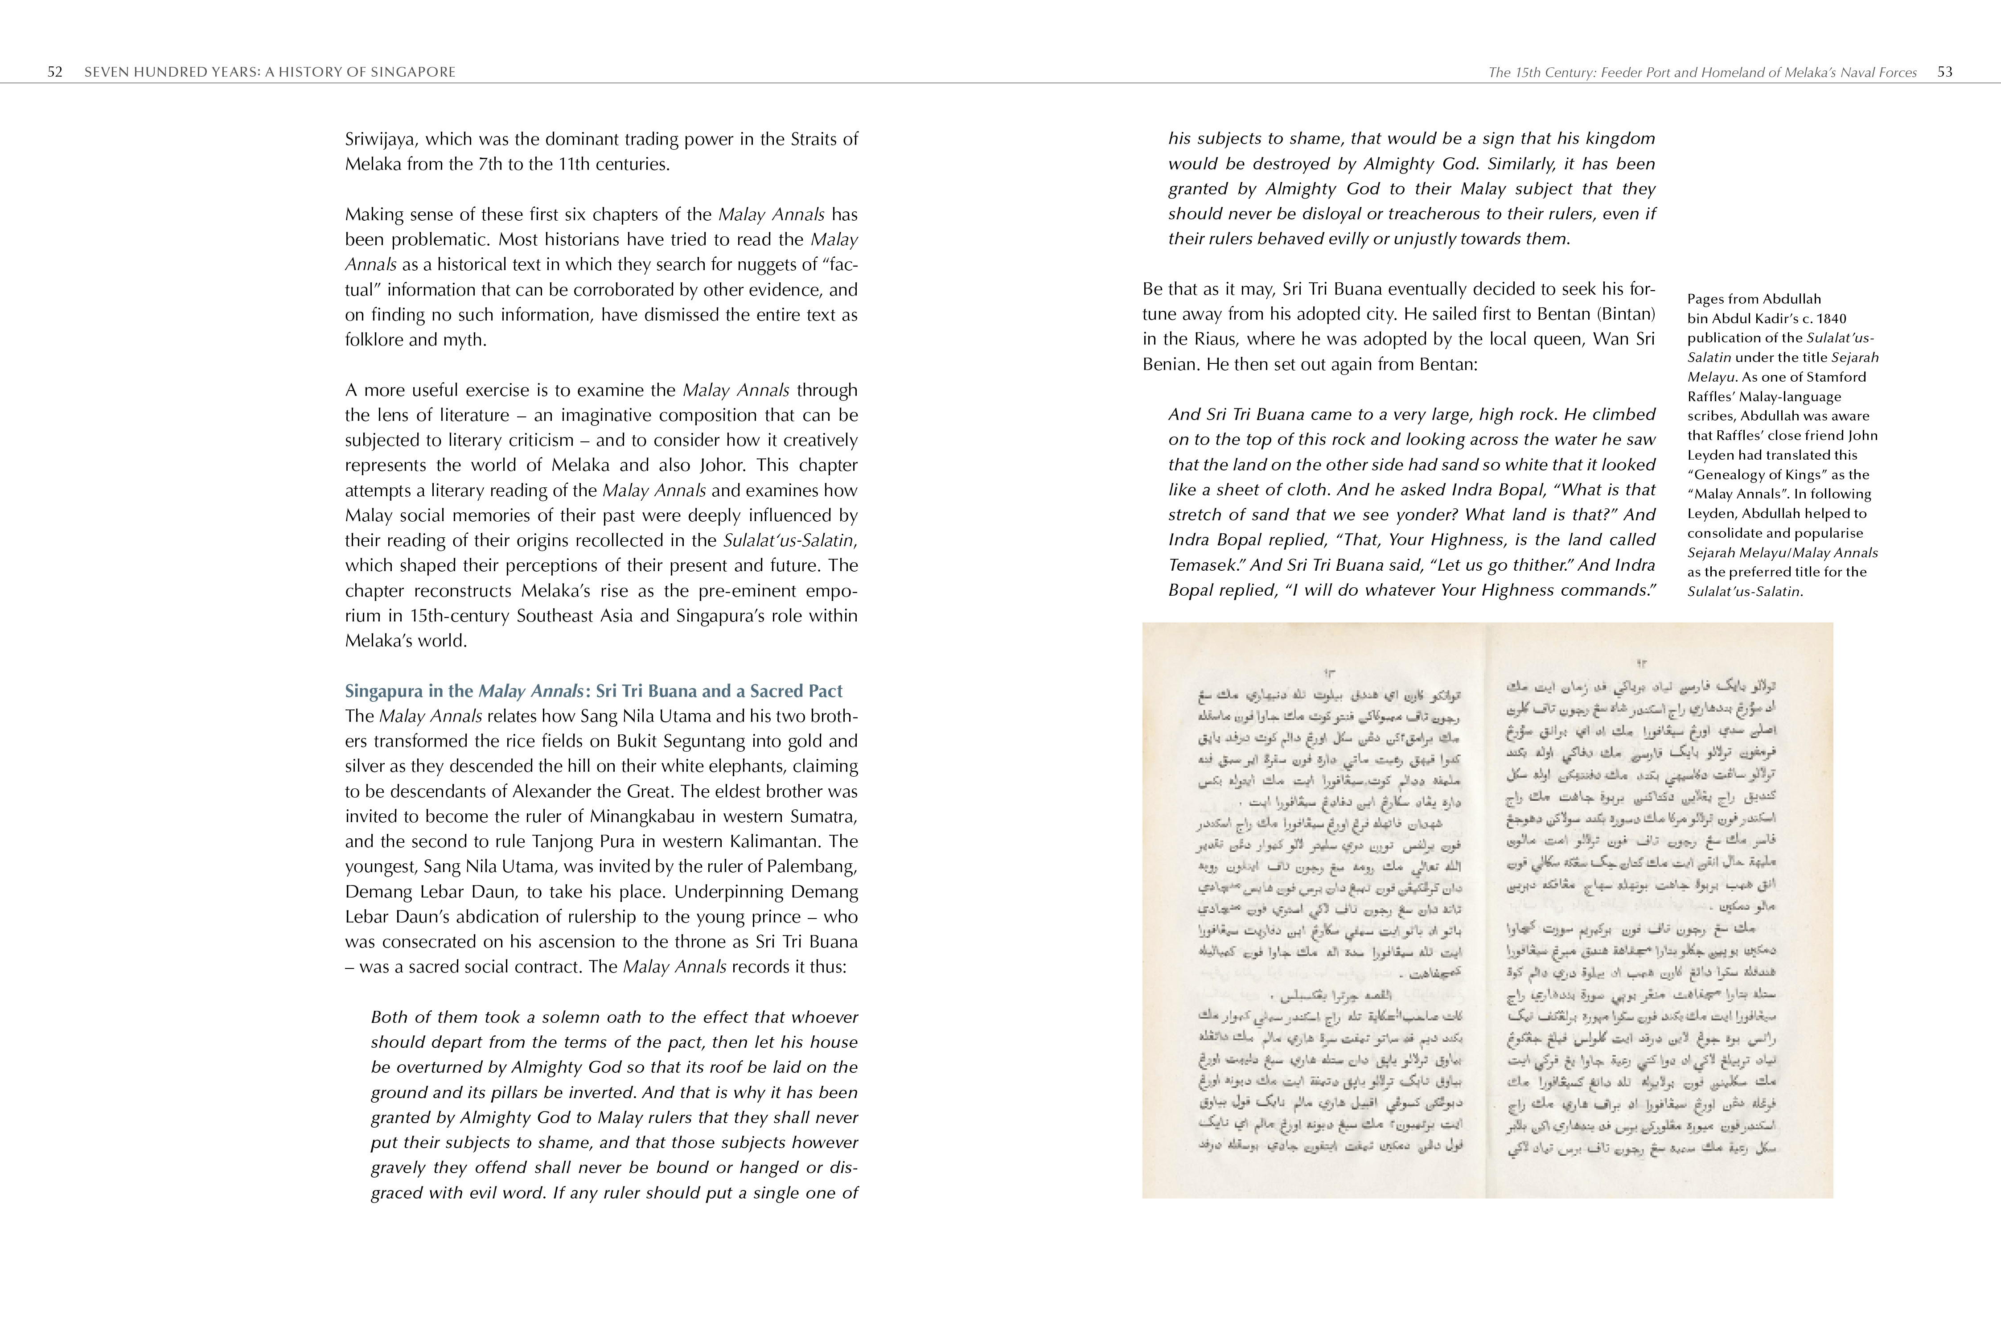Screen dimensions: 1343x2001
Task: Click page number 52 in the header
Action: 55,72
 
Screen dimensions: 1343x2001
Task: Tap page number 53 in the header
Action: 1944,72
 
